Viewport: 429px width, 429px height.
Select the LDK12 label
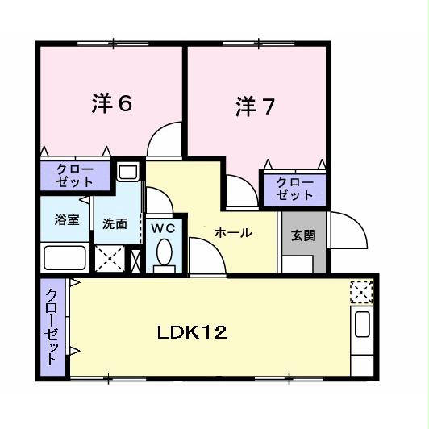[191, 331]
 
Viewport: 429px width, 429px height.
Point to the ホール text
[232, 233]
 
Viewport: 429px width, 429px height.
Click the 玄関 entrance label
[302, 235]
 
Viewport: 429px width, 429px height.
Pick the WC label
[164, 228]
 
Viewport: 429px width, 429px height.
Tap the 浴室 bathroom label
[67, 219]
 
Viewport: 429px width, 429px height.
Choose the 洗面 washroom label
[115, 224]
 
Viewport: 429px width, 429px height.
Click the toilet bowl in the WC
[165, 253]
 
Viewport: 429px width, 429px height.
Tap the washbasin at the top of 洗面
[127, 172]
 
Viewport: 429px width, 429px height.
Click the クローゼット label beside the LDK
[52, 327]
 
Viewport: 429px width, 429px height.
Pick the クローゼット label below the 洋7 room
[294, 189]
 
